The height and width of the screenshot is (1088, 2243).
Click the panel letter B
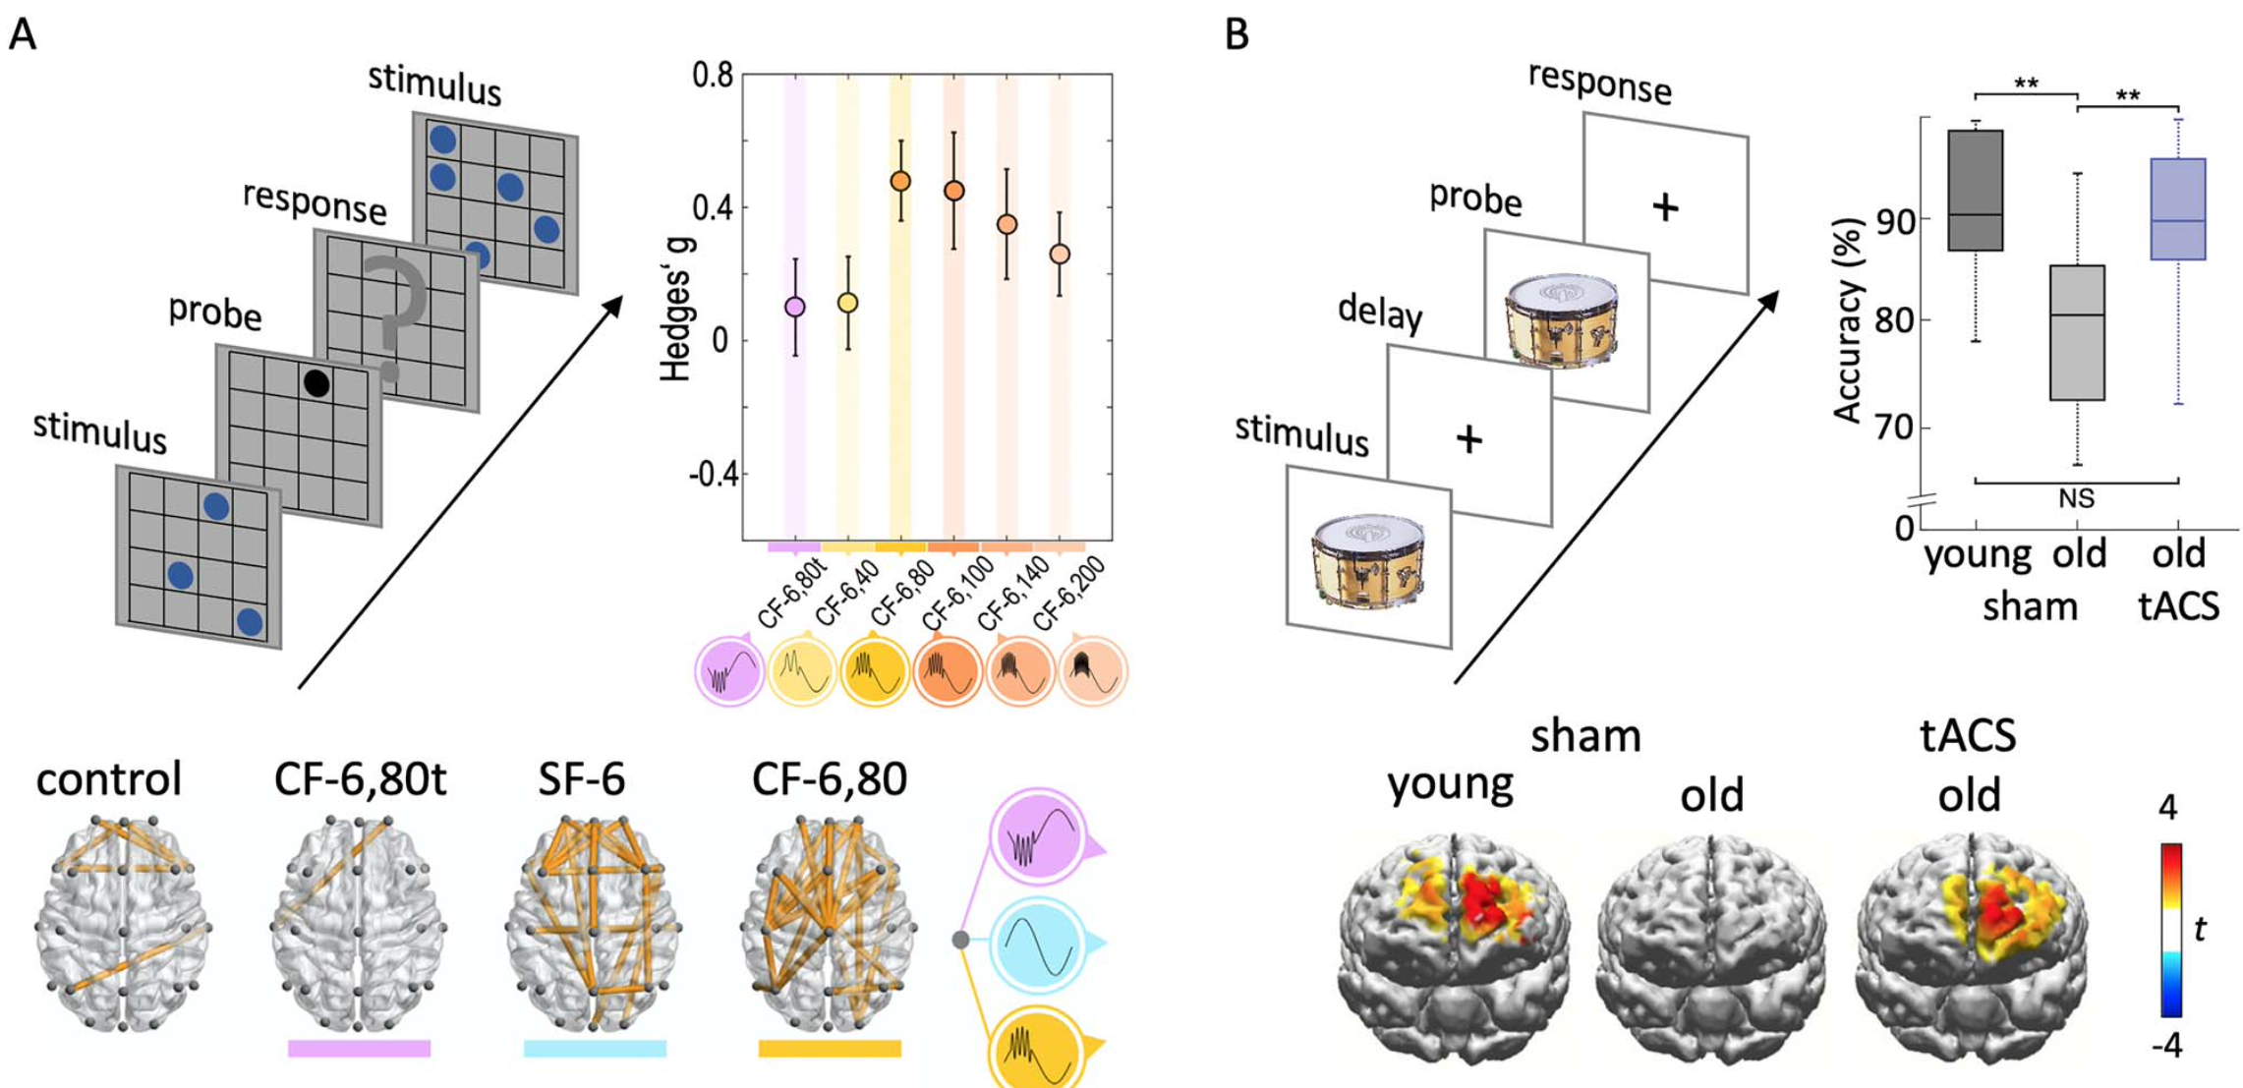click(1237, 34)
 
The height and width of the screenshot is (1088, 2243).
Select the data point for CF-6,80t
click(795, 307)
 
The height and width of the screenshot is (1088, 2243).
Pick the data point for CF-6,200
click(1060, 254)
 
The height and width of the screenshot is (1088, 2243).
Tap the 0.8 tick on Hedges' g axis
click(713, 76)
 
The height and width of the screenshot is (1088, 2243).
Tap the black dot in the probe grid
click(316, 383)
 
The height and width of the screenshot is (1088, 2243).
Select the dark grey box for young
click(1976, 190)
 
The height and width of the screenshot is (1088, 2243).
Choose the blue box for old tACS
click(2178, 208)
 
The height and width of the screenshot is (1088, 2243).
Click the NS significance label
click(2076, 499)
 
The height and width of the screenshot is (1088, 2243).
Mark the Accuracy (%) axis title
click(1848, 320)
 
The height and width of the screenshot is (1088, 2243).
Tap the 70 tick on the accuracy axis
click(1894, 428)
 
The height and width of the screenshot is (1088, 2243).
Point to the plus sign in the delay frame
click(1468, 439)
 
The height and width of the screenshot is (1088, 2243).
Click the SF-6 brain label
click(582, 779)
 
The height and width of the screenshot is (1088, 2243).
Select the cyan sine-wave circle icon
click(1038, 943)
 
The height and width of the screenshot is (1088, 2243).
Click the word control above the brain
click(109, 779)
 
